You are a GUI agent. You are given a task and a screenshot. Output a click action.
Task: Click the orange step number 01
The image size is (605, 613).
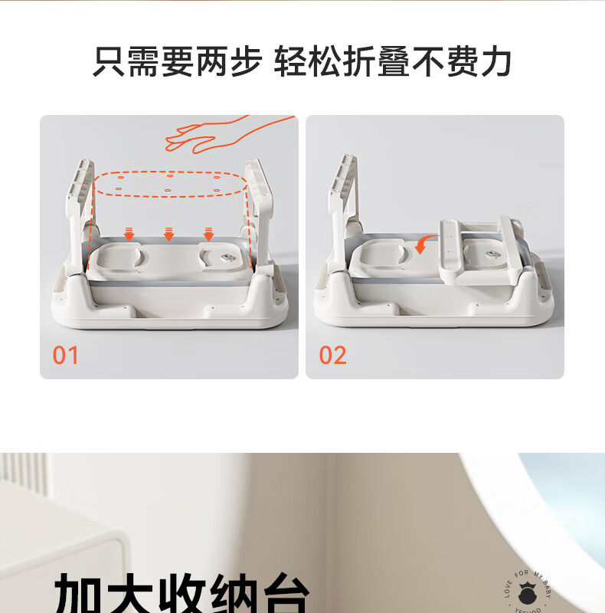66,355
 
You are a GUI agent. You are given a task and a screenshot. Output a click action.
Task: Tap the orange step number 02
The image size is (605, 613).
332,355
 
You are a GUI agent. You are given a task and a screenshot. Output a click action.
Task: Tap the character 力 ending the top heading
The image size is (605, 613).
495,62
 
